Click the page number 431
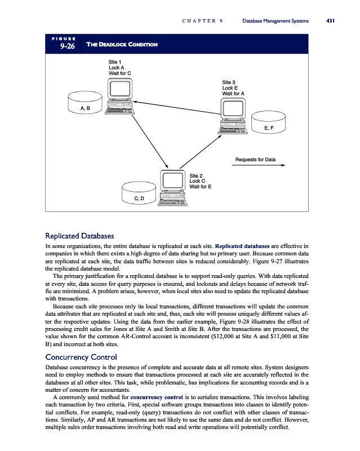(331, 21)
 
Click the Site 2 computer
(172, 185)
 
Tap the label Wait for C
(120, 73)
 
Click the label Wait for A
(234, 94)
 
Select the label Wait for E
(201, 187)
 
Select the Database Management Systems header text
(275, 21)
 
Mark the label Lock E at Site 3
(230, 88)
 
